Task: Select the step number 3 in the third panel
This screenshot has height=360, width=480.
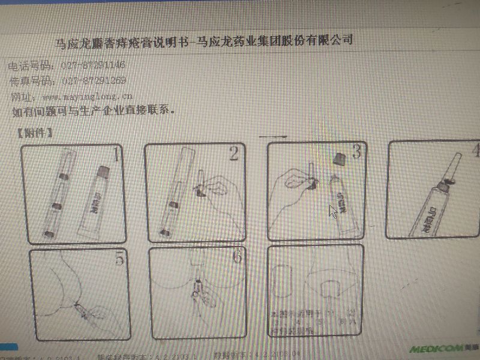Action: point(356,152)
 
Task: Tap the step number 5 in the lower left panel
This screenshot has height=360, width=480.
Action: point(119,259)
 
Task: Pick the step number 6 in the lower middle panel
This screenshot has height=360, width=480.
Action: point(237,257)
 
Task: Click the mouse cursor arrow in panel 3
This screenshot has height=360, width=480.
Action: point(332,212)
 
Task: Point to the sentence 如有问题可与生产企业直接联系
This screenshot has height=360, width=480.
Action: point(93,112)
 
